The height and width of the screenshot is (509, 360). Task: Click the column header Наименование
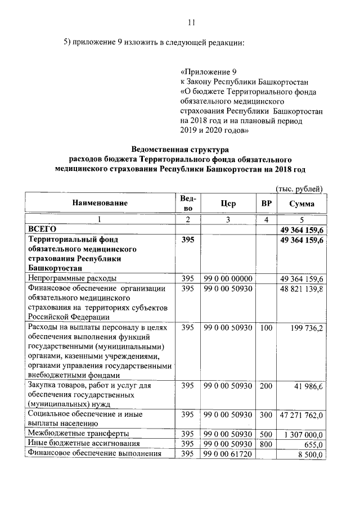click(100, 203)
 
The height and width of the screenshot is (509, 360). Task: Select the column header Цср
click(228, 203)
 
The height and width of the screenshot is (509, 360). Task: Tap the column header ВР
click(266, 203)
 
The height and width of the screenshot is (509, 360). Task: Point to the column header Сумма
click(302, 204)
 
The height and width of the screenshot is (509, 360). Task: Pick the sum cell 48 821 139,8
click(301, 289)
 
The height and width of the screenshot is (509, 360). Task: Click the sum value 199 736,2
click(305, 328)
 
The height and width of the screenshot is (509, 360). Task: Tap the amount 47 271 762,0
click(301, 415)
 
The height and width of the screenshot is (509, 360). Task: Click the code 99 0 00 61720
click(228, 453)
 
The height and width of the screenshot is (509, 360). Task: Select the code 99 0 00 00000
click(228, 278)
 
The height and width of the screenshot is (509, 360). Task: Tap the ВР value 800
click(266, 444)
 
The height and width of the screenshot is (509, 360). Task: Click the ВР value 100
click(266, 328)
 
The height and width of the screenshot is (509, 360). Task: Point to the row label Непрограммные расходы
click(73, 278)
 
